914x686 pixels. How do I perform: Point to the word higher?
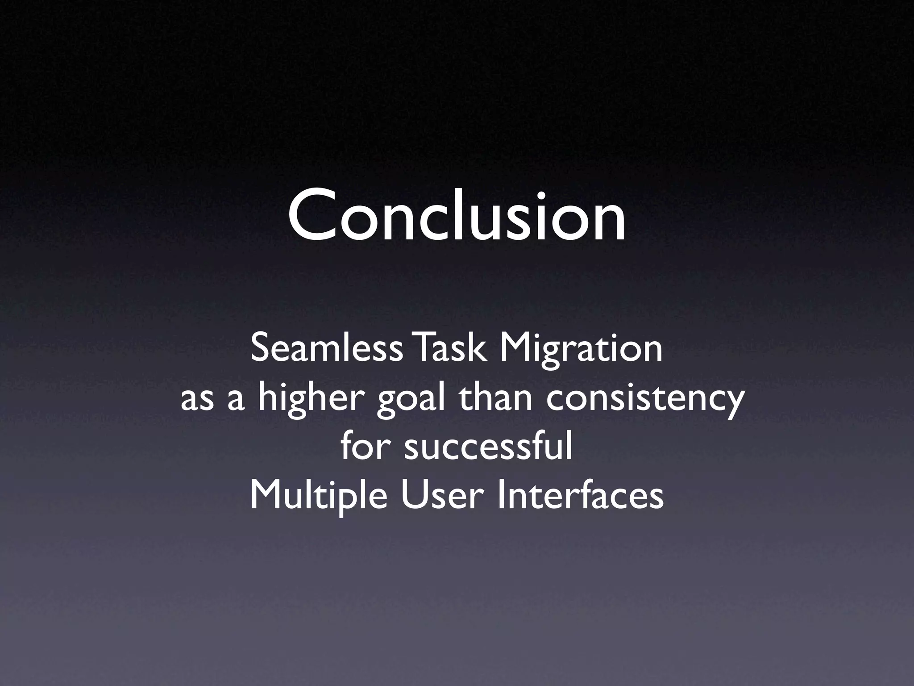click(314, 399)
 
